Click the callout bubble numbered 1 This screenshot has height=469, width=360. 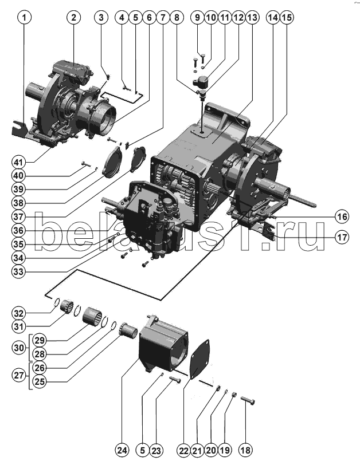[24, 17]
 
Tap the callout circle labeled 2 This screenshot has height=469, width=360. [74, 17]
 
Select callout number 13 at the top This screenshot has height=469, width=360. [252, 17]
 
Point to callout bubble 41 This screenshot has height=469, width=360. [18, 163]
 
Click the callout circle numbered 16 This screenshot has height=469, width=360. [342, 216]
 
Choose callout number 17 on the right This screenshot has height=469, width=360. [342, 237]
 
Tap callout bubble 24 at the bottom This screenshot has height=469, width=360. [122, 450]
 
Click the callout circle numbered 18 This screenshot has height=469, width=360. [245, 450]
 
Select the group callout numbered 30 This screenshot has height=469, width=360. [19, 348]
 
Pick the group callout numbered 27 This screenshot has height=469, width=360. [19, 375]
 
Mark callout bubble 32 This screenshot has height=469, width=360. [18, 313]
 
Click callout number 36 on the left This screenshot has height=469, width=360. [18, 230]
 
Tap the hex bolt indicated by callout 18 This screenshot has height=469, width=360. [248, 400]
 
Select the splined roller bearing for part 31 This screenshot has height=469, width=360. [67, 306]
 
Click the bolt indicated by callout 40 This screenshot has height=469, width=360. [85, 163]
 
